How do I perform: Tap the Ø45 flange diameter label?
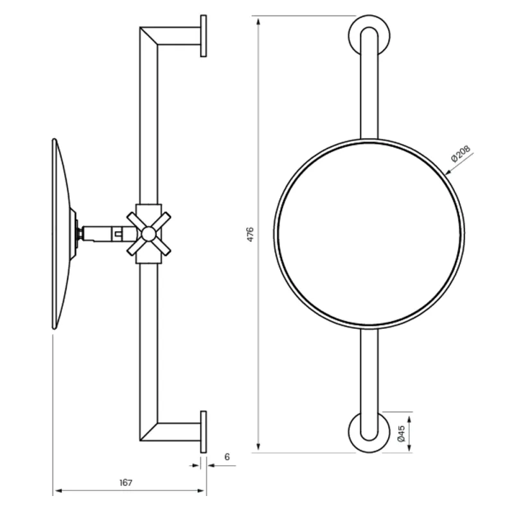[x=400, y=433]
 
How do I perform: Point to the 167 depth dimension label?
[x=126, y=483]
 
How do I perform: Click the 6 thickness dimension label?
[x=227, y=457]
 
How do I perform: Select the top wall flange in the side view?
[x=204, y=36]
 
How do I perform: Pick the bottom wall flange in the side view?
[x=204, y=432]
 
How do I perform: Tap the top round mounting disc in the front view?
[x=369, y=35]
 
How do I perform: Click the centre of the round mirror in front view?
[x=369, y=234]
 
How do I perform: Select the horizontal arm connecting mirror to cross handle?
[x=103, y=233]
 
